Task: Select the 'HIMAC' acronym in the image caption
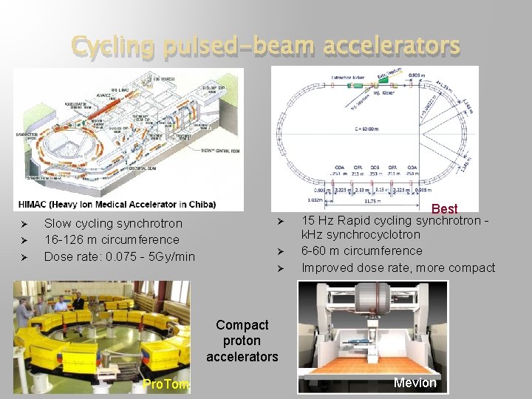click(35, 204)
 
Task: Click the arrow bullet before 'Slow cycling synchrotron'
click(24, 224)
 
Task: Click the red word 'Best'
click(445, 209)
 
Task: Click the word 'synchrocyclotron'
click(375, 234)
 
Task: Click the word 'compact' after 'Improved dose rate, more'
click(471, 267)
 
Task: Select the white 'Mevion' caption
click(415, 382)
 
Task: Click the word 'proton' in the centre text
click(242, 341)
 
